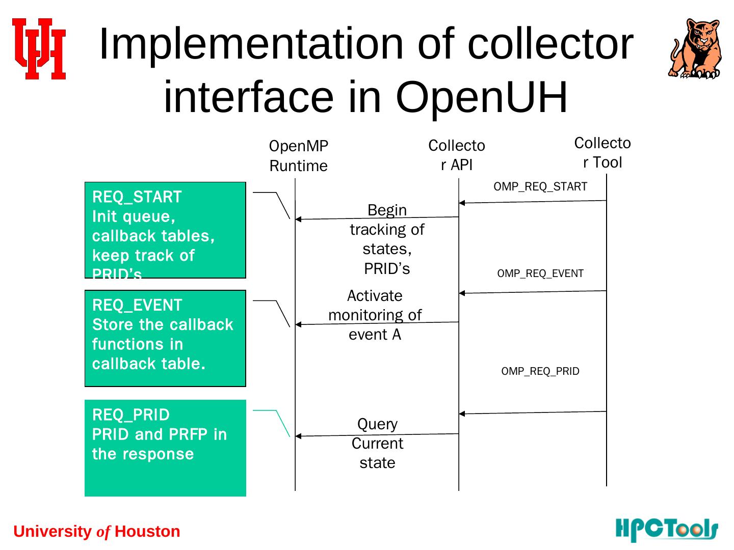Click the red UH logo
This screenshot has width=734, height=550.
click(x=39, y=49)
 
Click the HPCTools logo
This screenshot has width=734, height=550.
click(x=667, y=530)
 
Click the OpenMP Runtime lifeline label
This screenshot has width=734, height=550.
click(x=299, y=156)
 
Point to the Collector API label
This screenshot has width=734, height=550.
click(x=457, y=155)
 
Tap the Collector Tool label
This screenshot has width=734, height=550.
click(x=602, y=152)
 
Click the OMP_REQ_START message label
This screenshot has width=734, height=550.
click(x=540, y=186)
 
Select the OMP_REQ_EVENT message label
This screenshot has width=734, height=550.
click(x=540, y=273)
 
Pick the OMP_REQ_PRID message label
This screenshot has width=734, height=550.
click(x=540, y=371)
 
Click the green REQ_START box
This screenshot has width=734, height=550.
click(x=165, y=230)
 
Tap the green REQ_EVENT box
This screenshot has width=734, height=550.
click(x=165, y=338)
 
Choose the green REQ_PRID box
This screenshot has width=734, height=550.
click(x=165, y=448)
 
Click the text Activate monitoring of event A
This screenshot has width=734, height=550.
click(x=375, y=315)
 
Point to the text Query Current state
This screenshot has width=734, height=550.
click(x=377, y=443)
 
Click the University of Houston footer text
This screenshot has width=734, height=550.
click(x=97, y=532)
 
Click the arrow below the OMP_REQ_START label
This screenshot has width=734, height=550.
click(x=533, y=202)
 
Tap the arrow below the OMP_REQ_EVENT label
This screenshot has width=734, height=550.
click(x=533, y=292)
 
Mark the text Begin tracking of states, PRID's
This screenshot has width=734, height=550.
click(x=387, y=239)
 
